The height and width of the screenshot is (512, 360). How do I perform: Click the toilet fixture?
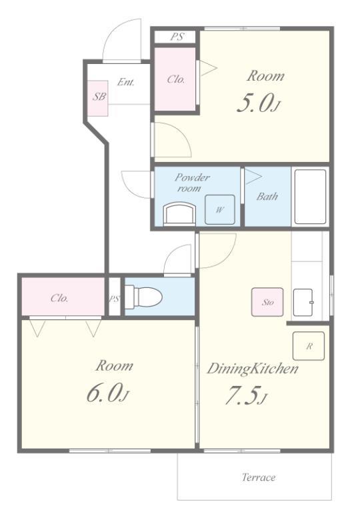[x=143, y=296]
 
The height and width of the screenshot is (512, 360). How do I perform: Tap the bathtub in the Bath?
[x=311, y=197]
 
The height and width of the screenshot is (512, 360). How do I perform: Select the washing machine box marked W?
[x=220, y=209]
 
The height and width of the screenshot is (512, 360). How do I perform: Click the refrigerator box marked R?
[x=309, y=346]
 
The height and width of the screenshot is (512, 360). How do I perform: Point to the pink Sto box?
[x=267, y=302]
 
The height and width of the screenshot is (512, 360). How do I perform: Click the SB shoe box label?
[x=99, y=96]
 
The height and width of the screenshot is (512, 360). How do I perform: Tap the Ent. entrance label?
[x=126, y=81]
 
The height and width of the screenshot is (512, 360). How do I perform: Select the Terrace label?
[x=259, y=477]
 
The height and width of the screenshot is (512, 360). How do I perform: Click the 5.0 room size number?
[x=255, y=103]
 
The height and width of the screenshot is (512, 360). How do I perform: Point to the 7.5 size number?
[x=243, y=395]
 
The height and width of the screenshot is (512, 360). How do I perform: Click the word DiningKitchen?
[x=253, y=369]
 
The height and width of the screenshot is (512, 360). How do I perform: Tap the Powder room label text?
[x=192, y=183]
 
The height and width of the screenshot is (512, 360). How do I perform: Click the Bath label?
[x=267, y=196]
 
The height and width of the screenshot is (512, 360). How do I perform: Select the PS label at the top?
[x=177, y=37]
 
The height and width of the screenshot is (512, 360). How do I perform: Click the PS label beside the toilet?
[x=114, y=299]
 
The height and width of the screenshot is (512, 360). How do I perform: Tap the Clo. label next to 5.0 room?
[x=176, y=79]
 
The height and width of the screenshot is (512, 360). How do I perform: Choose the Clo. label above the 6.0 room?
[x=59, y=298]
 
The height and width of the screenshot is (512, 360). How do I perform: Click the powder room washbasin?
[x=179, y=214]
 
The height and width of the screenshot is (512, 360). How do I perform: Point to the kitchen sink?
[x=303, y=303]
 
